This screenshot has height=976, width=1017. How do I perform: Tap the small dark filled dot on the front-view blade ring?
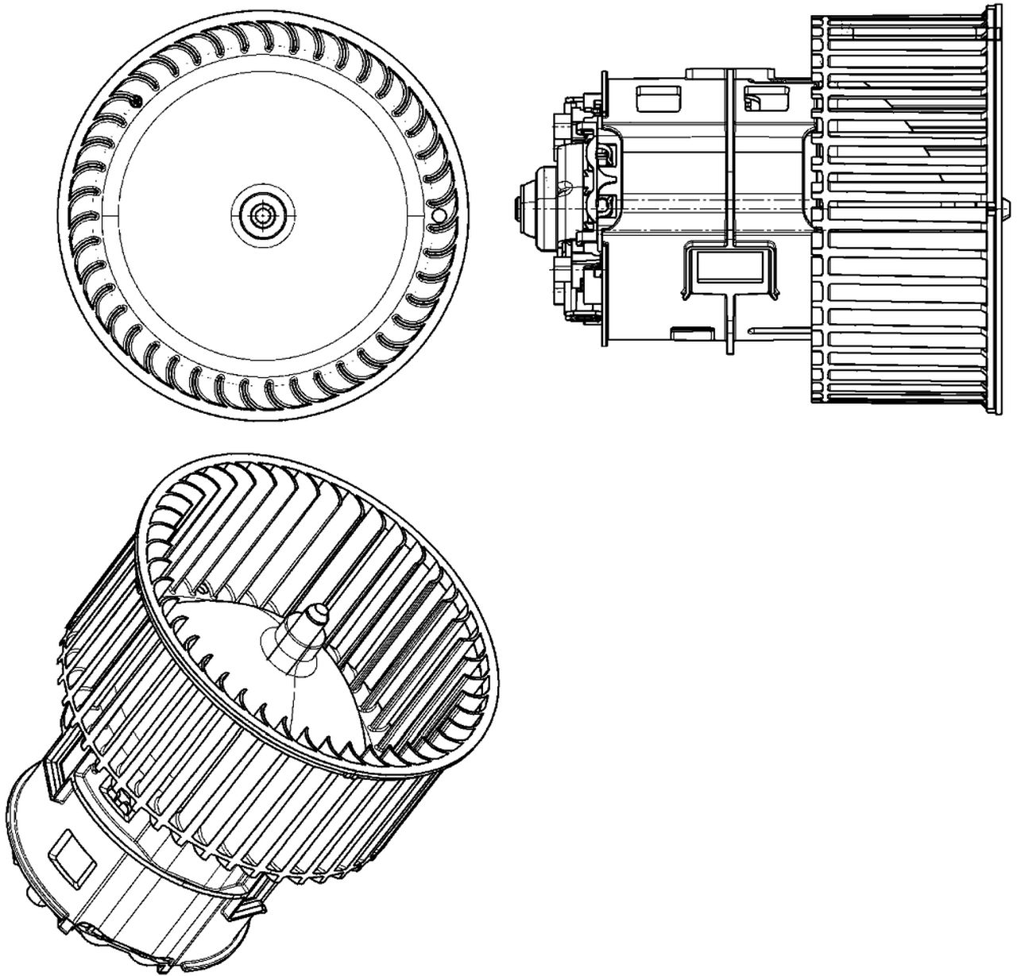136,100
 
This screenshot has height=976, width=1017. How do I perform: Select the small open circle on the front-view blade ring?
436,215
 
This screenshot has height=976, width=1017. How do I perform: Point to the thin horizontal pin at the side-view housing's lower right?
783,329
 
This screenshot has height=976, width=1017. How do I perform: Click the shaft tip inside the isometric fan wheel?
315,613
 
